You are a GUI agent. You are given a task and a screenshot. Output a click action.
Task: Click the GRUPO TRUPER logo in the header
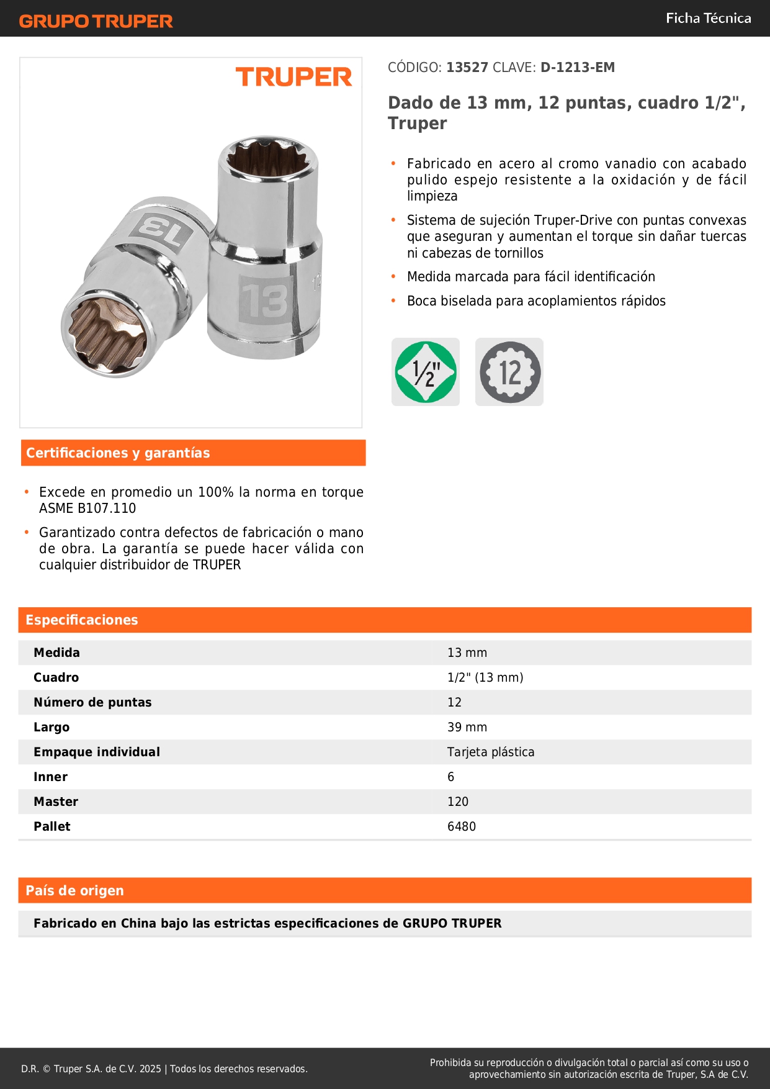[x=96, y=21]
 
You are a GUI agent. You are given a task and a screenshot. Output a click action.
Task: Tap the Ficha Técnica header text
[x=708, y=18]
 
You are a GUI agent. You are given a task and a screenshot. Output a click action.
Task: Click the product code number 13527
[x=467, y=68]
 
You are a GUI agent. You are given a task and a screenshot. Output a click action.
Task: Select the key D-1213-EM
[x=578, y=68]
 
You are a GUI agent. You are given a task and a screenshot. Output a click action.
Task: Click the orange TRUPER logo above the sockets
[x=293, y=77]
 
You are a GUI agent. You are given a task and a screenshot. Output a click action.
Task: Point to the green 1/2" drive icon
[x=426, y=372]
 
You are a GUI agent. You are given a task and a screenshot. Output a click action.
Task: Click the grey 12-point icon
[x=509, y=372]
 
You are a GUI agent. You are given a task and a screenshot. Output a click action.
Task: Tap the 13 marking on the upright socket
[x=265, y=301]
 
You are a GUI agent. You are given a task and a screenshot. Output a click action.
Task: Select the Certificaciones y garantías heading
[x=118, y=453]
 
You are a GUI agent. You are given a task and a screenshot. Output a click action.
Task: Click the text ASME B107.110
[x=87, y=508]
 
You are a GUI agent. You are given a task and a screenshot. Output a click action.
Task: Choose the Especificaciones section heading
[x=82, y=620]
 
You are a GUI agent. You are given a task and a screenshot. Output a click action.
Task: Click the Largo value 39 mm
[x=467, y=727]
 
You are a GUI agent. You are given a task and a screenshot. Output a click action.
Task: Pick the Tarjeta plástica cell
[x=491, y=752]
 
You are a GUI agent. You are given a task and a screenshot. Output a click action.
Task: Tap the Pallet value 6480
[x=462, y=826]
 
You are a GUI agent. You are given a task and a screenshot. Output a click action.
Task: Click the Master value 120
[x=458, y=802]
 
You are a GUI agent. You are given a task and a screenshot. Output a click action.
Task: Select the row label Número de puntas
[x=92, y=702]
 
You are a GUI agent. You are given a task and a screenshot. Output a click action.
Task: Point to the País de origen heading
[x=74, y=891]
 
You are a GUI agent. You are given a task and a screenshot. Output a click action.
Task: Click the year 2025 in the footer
[x=150, y=1069]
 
